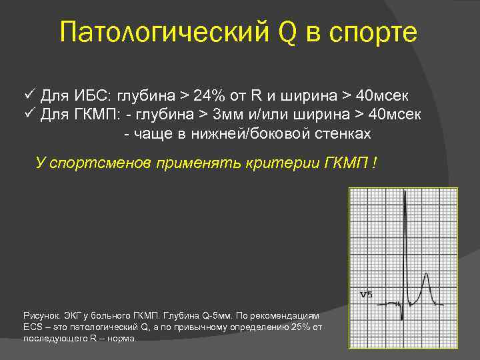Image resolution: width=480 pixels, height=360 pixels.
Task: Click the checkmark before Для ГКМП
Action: [29, 114]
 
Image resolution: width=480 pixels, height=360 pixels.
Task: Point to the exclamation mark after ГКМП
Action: [375, 163]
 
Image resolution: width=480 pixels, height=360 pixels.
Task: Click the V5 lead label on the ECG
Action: [365, 294]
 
